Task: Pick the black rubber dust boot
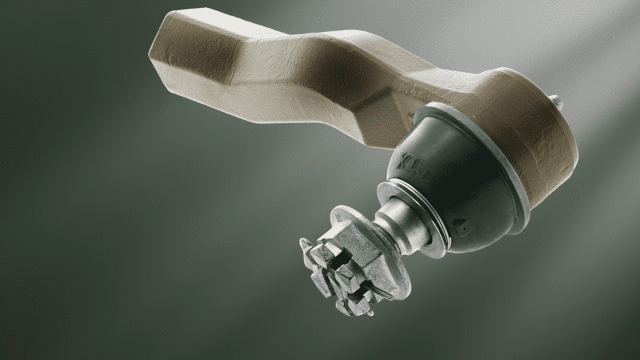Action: point(457,189)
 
